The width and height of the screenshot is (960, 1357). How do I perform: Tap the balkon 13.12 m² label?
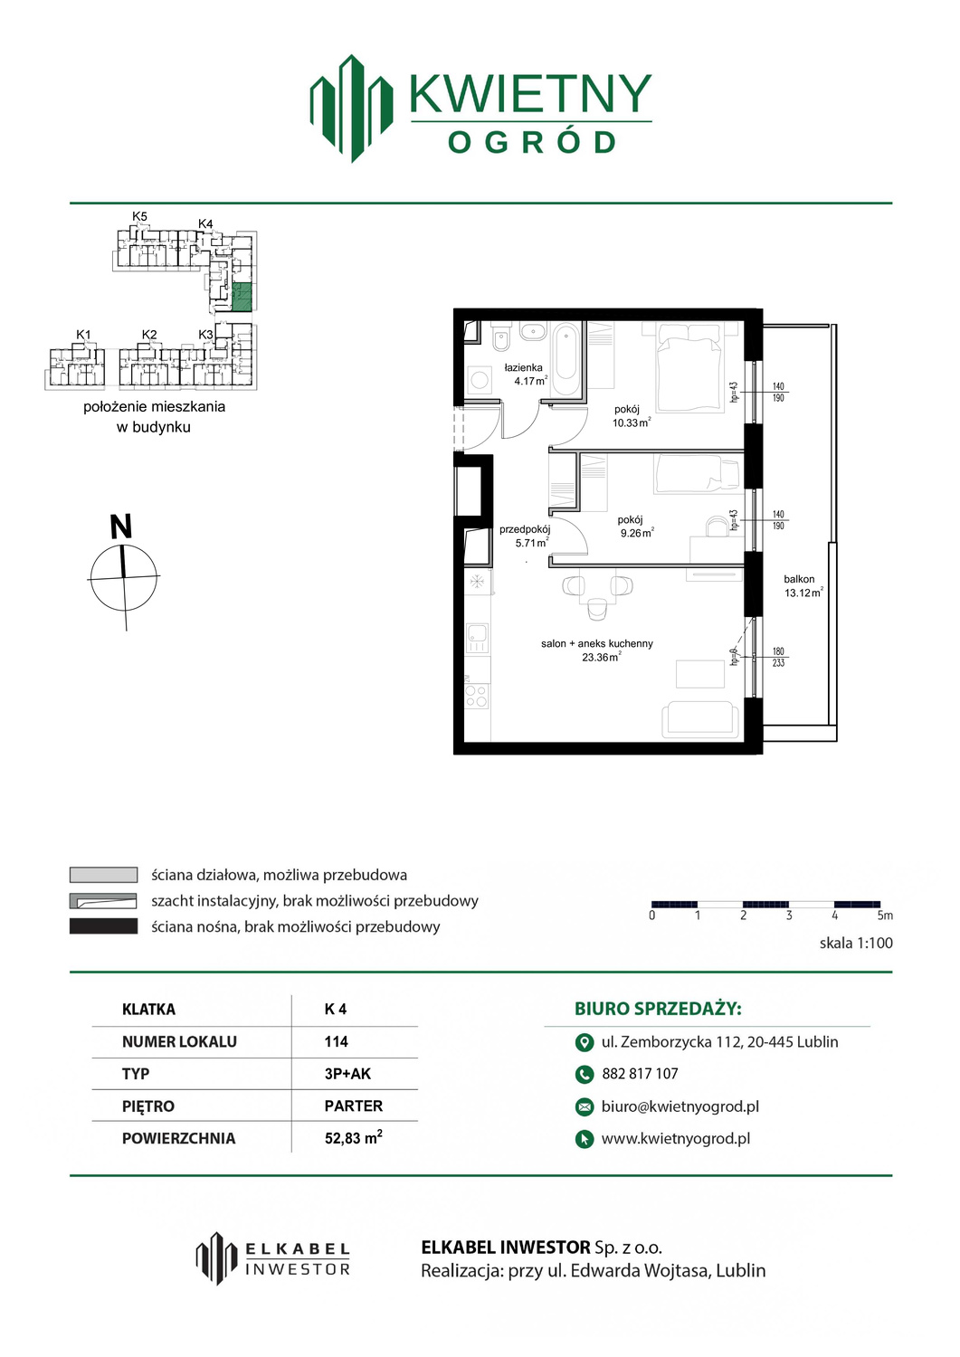coord(803,586)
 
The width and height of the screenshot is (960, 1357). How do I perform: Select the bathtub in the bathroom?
coord(566,359)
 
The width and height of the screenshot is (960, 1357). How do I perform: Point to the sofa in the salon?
coord(700,719)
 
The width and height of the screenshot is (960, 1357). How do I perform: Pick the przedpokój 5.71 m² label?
coord(525,536)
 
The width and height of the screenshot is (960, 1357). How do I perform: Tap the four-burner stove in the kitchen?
coord(477,696)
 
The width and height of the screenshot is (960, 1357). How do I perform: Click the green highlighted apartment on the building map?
coord(242,297)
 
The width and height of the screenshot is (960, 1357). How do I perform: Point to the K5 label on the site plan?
coord(140,216)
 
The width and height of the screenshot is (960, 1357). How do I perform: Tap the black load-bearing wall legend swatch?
coord(103,926)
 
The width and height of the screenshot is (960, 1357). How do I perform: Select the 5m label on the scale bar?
coord(885,915)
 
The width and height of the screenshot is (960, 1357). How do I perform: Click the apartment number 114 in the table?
coord(337,1041)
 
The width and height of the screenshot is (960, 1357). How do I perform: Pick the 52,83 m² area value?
coord(354,1137)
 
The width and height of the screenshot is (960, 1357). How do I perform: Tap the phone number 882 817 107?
coord(640,1074)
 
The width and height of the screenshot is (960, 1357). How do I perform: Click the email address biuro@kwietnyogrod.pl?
coord(680,1106)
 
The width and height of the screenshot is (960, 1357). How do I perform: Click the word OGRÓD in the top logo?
coord(531,142)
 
